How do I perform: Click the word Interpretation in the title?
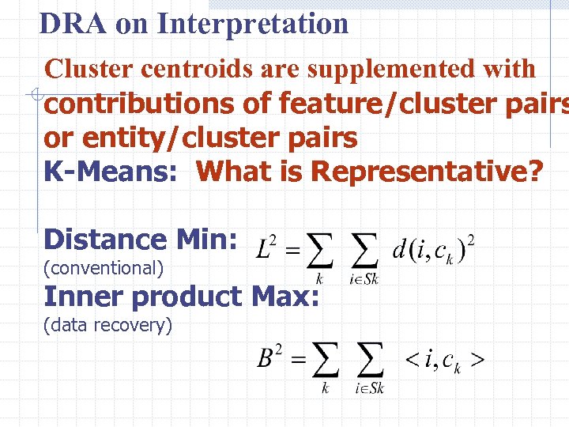[253, 24]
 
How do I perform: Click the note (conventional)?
[104, 268]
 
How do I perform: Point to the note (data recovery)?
[108, 324]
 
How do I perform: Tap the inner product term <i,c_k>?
[444, 361]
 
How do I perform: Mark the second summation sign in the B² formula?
[370, 361]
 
